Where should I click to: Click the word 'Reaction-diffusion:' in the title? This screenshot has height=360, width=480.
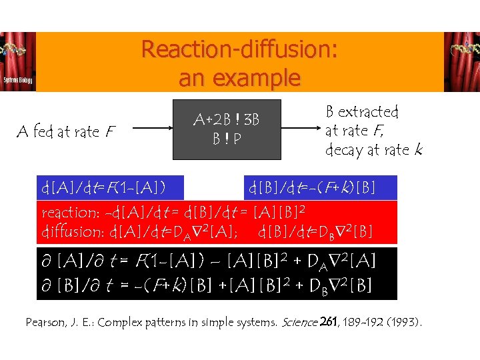tap(239, 50)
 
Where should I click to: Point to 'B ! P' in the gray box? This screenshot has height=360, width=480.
tap(227, 140)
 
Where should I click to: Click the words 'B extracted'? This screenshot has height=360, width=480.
tap(361, 111)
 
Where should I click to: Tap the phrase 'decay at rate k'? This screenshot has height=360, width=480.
tap(373, 150)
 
